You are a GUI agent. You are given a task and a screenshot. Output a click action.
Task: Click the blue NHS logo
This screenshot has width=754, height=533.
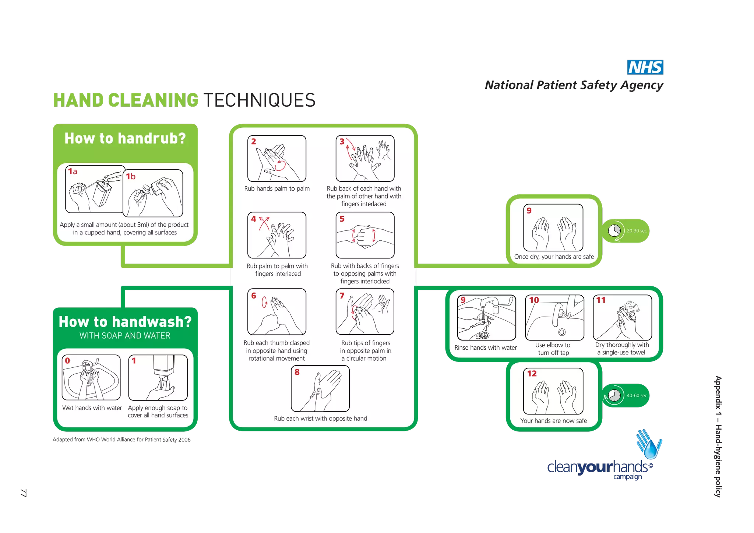(x=645, y=67)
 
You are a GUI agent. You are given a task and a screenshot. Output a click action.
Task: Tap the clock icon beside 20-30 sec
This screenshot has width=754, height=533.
(x=614, y=231)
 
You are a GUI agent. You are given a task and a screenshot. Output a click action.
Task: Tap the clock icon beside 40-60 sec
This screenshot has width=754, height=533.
(x=614, y=396)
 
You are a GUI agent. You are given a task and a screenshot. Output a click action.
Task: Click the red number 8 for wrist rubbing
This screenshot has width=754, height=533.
(x=297, y=372)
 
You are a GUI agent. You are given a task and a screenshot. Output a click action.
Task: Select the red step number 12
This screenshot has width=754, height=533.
(x=532, y=374)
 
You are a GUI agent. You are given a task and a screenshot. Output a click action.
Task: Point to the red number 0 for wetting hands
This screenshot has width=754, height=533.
(x=67, y=361)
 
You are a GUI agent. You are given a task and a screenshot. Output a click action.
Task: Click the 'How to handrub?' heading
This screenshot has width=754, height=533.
(x=125, y=138)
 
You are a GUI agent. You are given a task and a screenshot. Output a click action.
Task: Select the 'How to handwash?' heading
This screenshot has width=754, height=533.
(x=125, y=322)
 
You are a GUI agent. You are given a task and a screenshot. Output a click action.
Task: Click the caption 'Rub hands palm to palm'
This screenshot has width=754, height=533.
(x=277, y=188)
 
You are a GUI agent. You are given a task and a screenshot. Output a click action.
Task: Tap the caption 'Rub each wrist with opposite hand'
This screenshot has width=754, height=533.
(x=321, y=419)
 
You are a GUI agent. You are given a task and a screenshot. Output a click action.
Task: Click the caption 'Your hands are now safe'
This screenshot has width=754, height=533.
(x=553, y=421)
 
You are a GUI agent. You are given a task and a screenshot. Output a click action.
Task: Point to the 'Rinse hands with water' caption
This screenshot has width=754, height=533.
(x=486, y=347)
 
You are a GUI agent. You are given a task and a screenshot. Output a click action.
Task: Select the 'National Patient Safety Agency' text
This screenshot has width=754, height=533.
(x=574, y=85)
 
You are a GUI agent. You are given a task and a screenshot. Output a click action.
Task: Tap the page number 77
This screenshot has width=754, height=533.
(x=24, y=493)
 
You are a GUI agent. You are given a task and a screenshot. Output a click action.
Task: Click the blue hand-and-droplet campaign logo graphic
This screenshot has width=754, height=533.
(x=649, y=444)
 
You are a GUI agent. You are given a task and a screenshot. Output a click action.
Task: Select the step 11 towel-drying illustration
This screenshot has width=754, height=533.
(x=622, y=318)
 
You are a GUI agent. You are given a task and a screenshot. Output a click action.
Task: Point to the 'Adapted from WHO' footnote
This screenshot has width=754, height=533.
(x=121, y=440)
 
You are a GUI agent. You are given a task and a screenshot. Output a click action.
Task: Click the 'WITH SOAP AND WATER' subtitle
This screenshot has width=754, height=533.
(x=125, y=336)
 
